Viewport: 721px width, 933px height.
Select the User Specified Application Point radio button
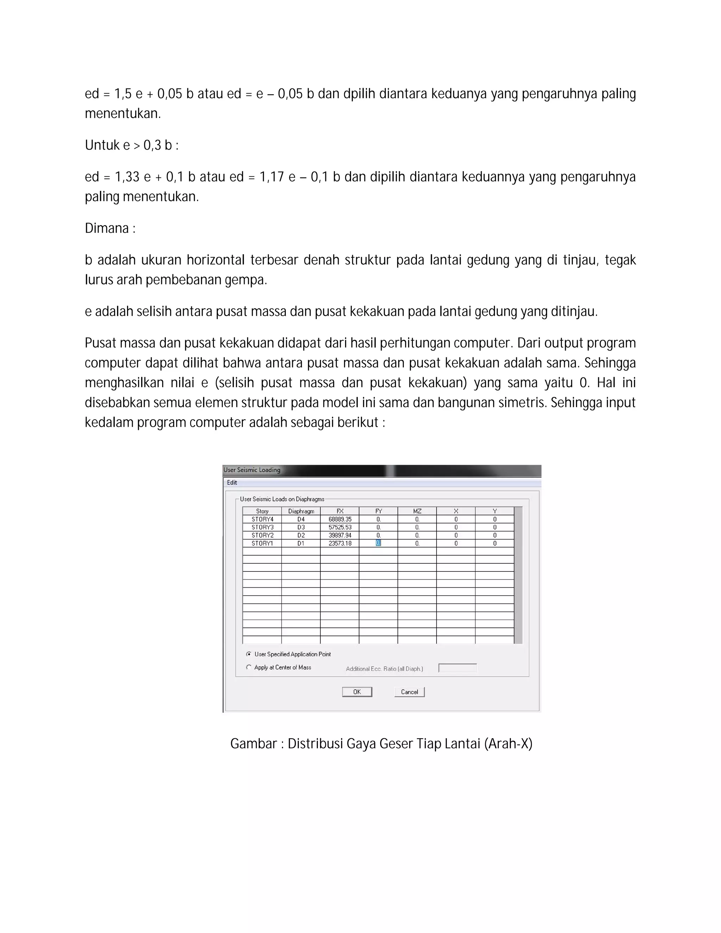[249, 654]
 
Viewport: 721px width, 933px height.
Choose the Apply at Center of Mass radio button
[249, 667]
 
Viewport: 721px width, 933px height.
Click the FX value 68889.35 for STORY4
[340, 519]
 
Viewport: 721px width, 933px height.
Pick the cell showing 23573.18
[340, 543]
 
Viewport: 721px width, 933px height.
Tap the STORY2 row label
[262, 535]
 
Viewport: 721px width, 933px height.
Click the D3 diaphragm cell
[301, 527]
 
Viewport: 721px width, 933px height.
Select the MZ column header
[417, 511]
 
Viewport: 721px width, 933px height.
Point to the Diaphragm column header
[301, 511]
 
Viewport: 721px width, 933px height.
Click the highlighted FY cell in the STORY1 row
[378, 543]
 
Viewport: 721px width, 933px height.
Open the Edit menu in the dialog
[232, 483]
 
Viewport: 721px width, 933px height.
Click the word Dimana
[107, 228]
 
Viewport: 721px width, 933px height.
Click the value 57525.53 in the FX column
[340, 527]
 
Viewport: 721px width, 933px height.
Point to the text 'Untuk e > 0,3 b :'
[132, 146]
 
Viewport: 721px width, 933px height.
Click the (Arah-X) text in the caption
[508, 744]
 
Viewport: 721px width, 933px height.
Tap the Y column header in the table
[495, 511]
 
